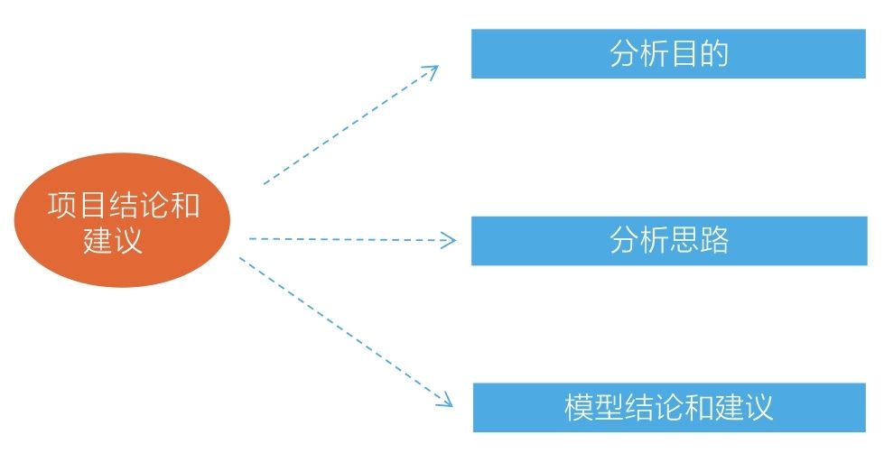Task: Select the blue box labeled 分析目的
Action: point(668,54)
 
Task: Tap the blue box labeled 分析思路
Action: point(668,241)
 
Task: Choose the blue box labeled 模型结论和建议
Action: point(668,408)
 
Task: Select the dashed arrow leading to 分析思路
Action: point(352,239)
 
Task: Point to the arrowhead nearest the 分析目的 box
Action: point(432,70)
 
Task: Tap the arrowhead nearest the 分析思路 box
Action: point(450,240)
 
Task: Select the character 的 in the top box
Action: point(714,54)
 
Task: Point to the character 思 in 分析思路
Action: point(684,241)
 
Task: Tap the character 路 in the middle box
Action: point(714,241)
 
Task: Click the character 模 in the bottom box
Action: point(579,408)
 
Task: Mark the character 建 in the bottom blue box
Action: point(730,408)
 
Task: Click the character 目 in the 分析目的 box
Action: point(684,54)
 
